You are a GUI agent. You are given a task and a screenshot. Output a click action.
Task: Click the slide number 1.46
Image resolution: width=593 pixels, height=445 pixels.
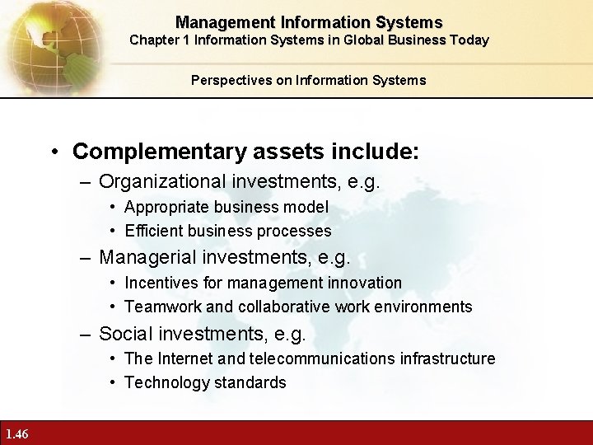click(x=16, y=434)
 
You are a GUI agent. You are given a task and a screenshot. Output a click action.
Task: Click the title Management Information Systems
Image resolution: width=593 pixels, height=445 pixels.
click(x=309, y=23)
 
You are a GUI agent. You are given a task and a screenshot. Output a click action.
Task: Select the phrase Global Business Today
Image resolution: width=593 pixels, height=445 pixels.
click(x=424, y=40)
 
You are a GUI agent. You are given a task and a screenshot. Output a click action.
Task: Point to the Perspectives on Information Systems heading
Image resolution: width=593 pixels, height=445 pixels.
click(x=309, y=80)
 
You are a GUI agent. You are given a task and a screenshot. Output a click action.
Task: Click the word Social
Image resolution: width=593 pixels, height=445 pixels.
click(x=123, y=334)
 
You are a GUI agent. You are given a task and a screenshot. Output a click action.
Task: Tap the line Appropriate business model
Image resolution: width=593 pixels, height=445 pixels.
click(x=226, y=207)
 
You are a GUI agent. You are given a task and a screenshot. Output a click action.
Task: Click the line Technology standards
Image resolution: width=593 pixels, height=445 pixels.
click(x=205, y=382)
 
